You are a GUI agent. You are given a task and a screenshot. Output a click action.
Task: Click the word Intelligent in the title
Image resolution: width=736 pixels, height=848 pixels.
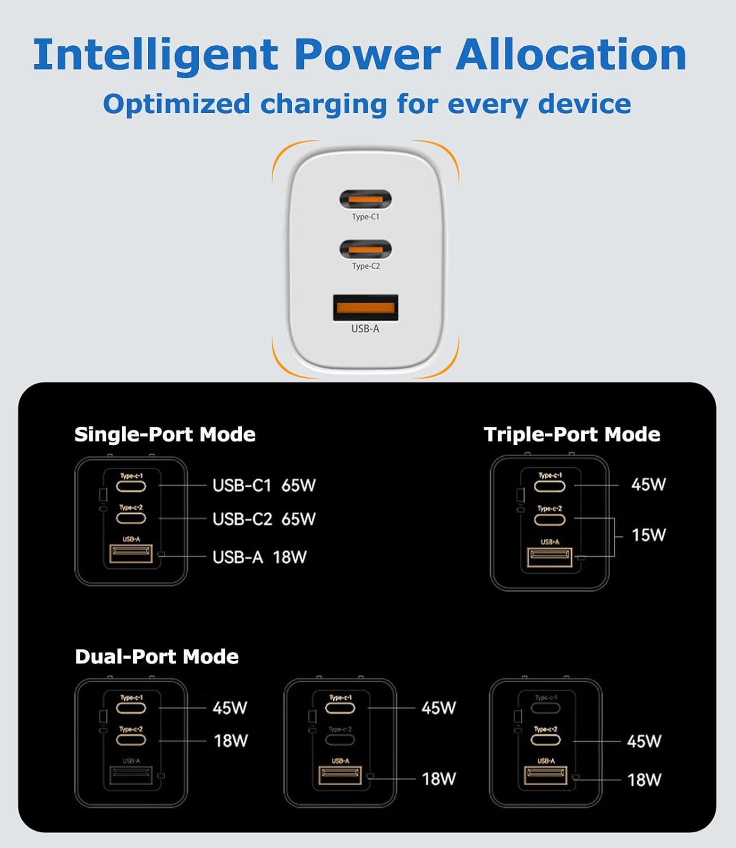[155, 55]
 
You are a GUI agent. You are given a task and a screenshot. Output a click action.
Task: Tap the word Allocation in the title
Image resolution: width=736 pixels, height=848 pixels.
[571, 55]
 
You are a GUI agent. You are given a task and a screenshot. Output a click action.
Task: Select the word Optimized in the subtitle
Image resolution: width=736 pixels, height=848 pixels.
[176, 104]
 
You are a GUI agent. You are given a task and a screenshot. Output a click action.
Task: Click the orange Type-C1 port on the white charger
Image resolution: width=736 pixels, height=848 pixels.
[365, 200]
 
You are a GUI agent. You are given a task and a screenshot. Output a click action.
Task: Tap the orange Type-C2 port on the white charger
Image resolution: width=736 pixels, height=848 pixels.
[365, 249]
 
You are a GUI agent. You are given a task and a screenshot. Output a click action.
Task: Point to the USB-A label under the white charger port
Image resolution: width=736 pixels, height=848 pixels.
[365, 328]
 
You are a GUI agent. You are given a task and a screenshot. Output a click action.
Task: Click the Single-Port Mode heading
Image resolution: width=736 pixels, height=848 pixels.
[165, 434]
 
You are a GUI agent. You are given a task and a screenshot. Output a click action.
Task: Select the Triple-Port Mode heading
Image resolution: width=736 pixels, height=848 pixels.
[572, 434]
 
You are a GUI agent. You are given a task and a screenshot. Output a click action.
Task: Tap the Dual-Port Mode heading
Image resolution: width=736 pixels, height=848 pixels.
[156, 656]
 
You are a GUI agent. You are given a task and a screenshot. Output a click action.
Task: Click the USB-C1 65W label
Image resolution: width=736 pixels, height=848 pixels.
[264, 485]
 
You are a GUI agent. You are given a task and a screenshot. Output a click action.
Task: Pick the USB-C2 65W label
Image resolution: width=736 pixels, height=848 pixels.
[264, 519]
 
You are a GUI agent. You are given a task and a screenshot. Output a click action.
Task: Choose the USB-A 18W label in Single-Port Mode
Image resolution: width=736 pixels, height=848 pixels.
[259, 557]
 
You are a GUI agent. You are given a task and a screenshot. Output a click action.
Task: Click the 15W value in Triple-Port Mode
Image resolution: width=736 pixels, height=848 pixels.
[648, 535]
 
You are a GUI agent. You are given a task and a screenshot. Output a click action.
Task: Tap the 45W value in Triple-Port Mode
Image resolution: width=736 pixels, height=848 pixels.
[648, 484]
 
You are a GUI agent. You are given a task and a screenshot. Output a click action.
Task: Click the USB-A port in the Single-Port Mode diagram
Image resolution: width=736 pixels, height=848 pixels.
[131, 554]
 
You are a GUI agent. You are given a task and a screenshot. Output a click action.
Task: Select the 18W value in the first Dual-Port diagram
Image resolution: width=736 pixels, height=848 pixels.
[230, 741]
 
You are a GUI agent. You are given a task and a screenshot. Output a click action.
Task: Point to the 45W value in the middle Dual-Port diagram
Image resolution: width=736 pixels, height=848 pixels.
[438, 708]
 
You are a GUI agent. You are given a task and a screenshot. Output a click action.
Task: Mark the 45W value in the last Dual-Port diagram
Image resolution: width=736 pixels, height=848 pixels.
[644, 741]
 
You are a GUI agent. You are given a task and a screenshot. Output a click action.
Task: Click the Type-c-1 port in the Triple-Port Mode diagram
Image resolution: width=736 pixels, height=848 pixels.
[550, 486]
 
